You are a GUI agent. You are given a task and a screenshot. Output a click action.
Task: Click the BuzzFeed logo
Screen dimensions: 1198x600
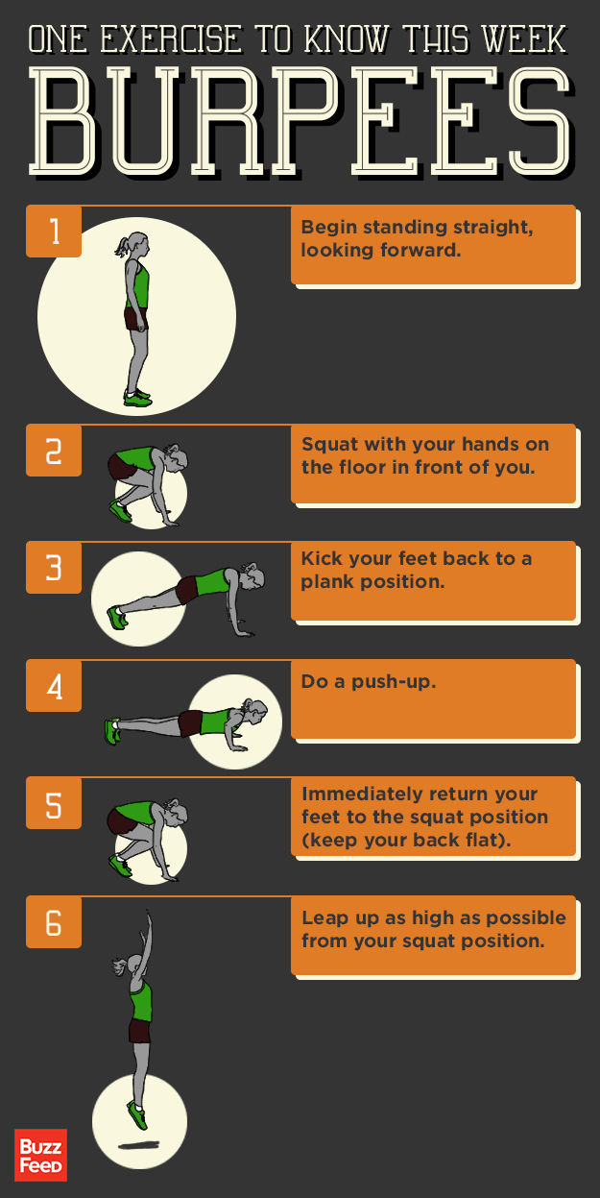pyautogui.click(x=40, y=1154)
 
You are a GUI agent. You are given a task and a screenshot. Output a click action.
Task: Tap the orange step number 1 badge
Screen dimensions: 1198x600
pyautogui.click(x=54, y=232)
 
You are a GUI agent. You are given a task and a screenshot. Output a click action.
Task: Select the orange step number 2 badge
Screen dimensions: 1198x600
pyautogui.click(x=54, y=451)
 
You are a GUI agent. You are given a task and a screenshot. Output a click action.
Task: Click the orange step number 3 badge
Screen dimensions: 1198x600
pyautogui.click(x=54, y=568)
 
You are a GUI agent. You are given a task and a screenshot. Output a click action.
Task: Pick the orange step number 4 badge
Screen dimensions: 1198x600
pyautogui.click(x=54, y=686)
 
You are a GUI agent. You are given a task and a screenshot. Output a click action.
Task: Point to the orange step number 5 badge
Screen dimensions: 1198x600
pyautogui.click(x=54, y=804)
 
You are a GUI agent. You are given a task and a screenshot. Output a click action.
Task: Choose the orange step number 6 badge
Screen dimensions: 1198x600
pyautogui.click(x=54, y=922)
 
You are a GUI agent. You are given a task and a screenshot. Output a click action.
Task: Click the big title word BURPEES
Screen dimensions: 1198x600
pyautogui.click(x=300, y=120)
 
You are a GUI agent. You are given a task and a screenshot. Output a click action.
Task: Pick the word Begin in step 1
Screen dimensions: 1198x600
pyautogui.click(x=327, y=228)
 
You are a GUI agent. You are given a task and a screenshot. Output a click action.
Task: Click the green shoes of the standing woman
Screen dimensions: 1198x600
pyautogui.click(x=137, y=396)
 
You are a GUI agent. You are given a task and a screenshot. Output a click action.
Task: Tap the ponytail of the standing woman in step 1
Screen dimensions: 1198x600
pyautogui.click(x=122, y=247)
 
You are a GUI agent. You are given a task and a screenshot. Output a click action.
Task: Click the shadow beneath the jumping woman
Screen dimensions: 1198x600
pyautogui.click(x=139, y=1145)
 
